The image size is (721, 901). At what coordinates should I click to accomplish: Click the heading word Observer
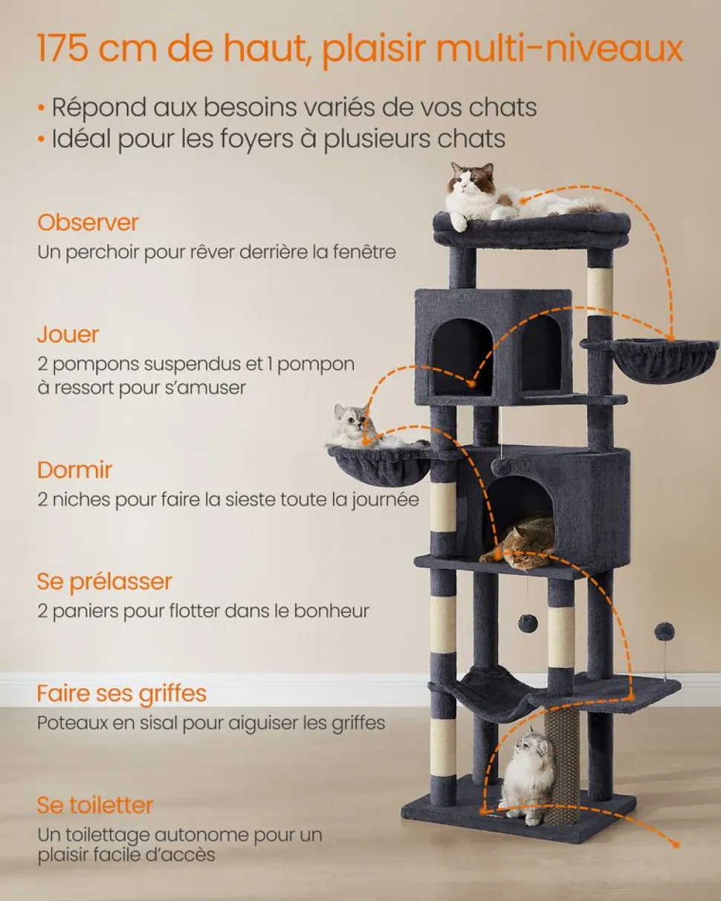(x=88, y=222)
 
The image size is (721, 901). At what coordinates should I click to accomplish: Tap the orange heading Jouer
(x=68, y=334)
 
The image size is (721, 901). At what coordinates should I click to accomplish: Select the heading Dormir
(x=74, y=469)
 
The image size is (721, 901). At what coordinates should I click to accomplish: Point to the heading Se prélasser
(x=104, y=582)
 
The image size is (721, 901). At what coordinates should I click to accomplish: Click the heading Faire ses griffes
(x=121, y=694)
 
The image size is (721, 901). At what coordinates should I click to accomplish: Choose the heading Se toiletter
(x=95, y=805)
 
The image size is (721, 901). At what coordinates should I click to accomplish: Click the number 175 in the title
(x=63, y=48)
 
